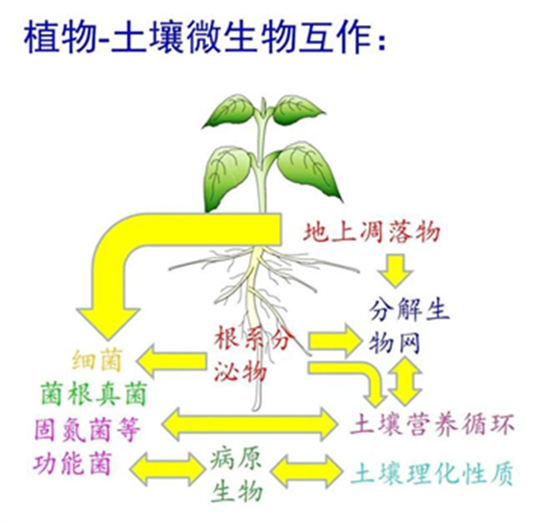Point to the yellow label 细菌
(x=97, y=360)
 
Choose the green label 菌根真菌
(x=94, y=394)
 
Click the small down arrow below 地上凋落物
(x=396, y=270)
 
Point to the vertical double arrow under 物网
(x=405, y=380)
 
